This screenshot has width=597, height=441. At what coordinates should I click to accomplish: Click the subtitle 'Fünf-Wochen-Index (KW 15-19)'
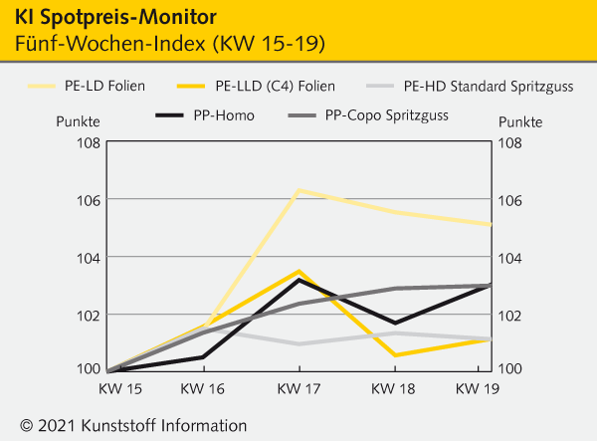point(170,45)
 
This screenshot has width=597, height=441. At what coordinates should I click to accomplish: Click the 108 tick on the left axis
point(87,142)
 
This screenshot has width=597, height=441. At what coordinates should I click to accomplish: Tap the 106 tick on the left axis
point(87,200)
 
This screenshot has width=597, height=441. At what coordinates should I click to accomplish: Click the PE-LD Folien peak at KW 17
point(298,189)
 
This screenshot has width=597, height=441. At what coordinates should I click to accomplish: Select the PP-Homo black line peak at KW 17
point(298,280)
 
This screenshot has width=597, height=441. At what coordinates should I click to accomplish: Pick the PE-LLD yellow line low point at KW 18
point(395,355)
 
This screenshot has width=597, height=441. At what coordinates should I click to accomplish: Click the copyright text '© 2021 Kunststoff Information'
point(133,425)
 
